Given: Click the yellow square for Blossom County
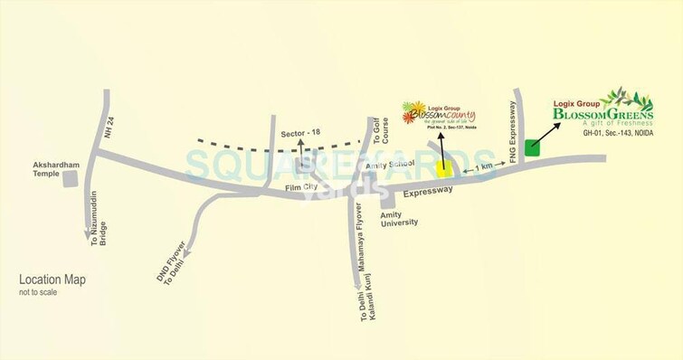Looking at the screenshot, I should tap(443, 166).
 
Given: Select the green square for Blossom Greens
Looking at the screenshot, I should tap(532, 148).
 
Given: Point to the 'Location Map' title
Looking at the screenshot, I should tap(52, 280).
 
